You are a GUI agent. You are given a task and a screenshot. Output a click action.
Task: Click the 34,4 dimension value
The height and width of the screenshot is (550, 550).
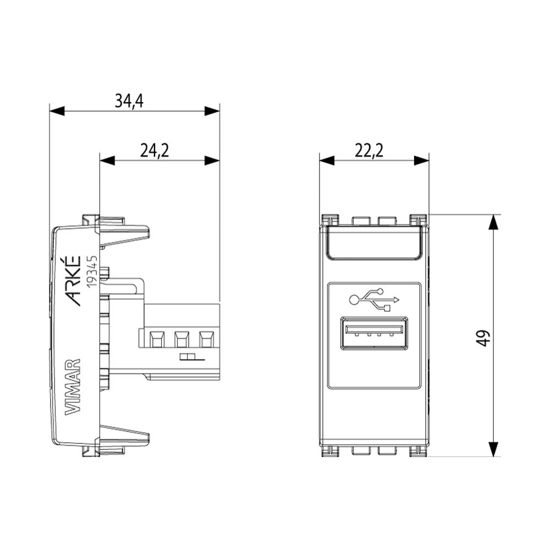click(x=129, y=101)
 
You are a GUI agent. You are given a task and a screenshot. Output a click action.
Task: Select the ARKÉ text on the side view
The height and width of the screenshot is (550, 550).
click(x=73, y=280)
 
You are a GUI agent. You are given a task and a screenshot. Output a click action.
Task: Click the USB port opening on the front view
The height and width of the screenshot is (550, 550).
click(x=374, y=333)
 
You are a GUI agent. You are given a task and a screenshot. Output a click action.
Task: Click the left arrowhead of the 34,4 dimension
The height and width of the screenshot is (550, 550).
click(x=57, y=111)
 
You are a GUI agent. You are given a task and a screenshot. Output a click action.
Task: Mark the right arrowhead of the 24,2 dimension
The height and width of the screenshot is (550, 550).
click(x=212, y=161)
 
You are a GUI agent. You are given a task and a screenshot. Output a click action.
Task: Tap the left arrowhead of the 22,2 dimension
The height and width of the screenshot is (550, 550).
click(x=327, y=161)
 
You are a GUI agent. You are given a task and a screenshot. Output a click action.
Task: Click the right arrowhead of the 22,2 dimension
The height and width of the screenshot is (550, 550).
click(x=421, y=161)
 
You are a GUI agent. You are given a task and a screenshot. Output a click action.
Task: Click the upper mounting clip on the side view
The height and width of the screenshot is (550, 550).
click(x=124, y=233)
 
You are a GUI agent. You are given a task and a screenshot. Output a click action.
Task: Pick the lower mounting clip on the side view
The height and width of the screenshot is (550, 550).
click(x=124, y=437)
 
